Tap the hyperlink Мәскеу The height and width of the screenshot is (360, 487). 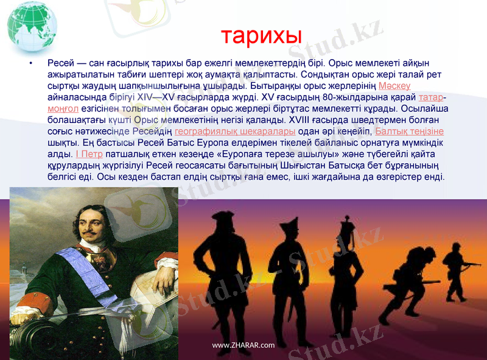point(394,86)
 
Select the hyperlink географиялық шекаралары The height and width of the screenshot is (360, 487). point(235,132)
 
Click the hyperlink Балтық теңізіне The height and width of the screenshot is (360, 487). point(409,132)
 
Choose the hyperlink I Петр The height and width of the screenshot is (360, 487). point(89,154)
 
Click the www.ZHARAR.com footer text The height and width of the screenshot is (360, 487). point(243,345)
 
